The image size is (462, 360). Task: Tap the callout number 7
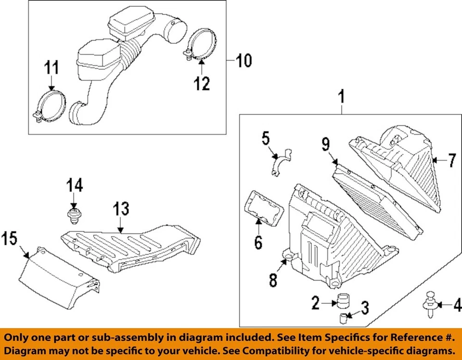tap(451, 160)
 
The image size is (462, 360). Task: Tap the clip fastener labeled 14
tap(73, 216)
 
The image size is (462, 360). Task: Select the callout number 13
tap(121, 209)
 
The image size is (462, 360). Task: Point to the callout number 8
tap(273, 280)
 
